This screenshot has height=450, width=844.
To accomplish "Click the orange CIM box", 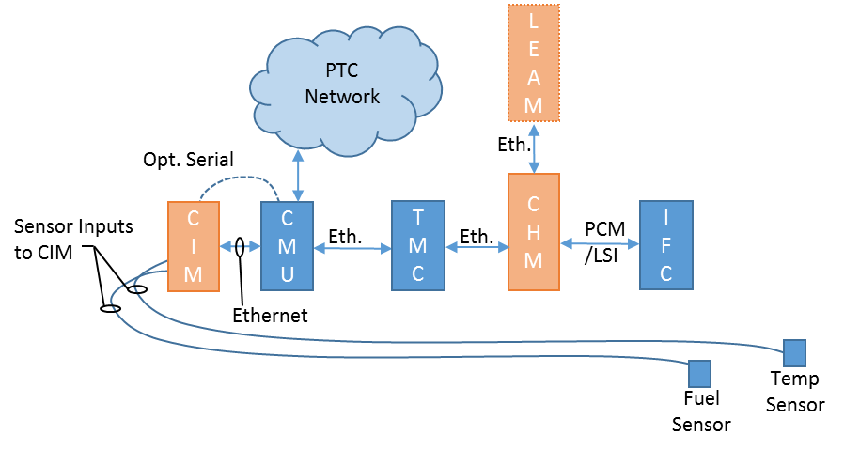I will [x=193, y=246].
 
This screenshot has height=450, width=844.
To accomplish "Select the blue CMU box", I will [x=286, y=246].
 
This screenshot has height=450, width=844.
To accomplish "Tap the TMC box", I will [x=417, y=246].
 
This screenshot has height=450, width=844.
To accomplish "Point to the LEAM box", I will [x=533, y=63].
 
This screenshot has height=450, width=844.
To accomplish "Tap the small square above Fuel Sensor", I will [x=699, y=373].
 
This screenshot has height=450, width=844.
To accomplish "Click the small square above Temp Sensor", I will [x=795, y=353].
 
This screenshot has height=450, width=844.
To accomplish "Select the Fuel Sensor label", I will [x=700, y=411].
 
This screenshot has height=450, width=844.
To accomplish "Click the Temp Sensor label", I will [x=795, y=392].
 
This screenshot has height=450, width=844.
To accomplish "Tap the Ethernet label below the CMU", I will [x=270, y=316].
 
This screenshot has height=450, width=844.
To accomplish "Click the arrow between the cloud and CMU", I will [x=298, y=178].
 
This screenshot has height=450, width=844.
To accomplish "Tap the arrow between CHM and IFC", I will [x=599, y=243].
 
